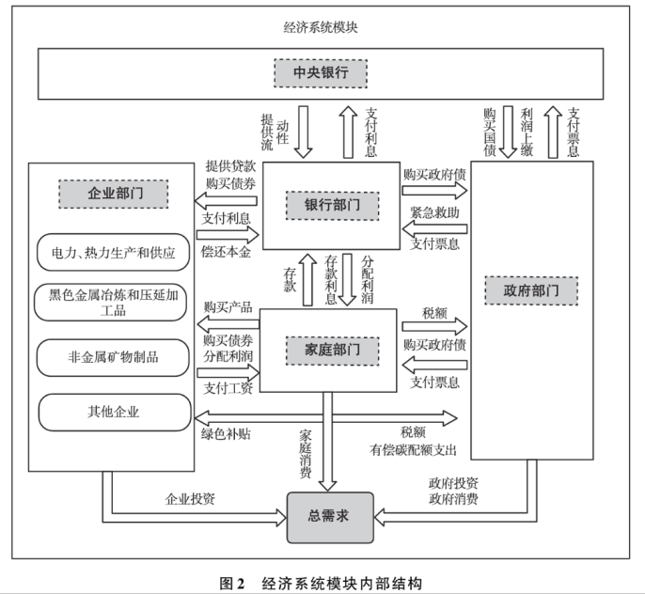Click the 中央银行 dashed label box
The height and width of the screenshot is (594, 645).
pos(321,72)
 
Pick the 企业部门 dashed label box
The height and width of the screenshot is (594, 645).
pos(113,195)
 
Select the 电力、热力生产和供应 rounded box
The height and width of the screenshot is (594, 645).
pos(112,252)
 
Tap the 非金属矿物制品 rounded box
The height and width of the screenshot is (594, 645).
pos(112,357)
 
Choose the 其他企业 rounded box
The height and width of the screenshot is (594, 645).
pos(112,412)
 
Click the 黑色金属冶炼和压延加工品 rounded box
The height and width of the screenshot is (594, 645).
pos(112,303)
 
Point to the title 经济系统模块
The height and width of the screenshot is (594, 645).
pos(322,25)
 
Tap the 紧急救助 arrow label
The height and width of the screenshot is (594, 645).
pos(434,213)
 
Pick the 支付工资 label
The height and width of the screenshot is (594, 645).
pos(228,387)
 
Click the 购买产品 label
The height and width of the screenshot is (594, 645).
pos(228,308)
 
